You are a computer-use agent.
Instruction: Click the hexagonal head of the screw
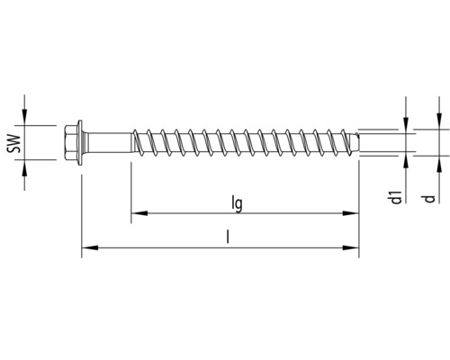(76, 142)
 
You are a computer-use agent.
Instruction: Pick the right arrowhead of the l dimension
(353, 247)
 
